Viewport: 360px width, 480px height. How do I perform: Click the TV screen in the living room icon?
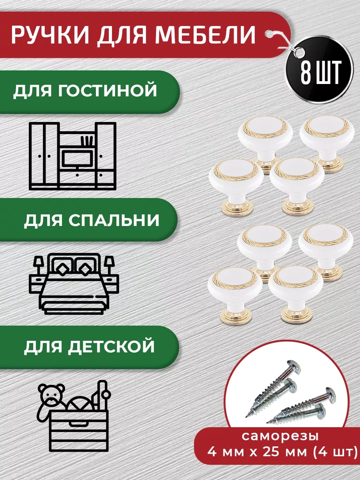click(x=77, y=158)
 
